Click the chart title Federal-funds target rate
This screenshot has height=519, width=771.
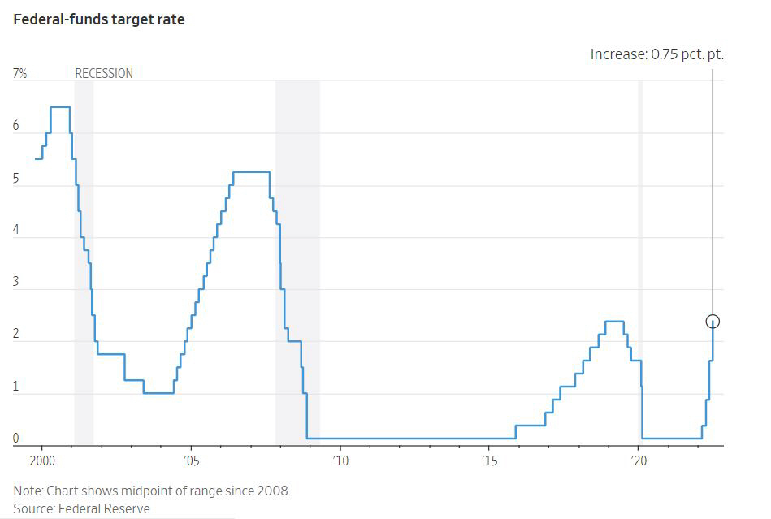point(98,19)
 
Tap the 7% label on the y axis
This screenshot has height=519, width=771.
point(20,74)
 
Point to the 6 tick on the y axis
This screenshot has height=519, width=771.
point(16,127)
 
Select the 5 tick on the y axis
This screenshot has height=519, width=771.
point(16,179)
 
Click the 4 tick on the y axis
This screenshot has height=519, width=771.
point(16,231)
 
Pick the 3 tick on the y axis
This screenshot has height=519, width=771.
point(16,283)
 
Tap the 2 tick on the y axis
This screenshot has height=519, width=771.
point(16,335)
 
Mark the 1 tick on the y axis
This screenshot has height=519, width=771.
point(16,387)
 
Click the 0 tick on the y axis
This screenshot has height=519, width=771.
point(16,439)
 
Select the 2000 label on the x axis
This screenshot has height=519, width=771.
point(41,461)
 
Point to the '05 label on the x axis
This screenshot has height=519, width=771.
point(190,461)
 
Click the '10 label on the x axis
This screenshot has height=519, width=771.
point(340,461)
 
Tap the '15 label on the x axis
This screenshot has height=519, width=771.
point(489,461)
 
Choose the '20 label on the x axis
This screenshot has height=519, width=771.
point(639,461)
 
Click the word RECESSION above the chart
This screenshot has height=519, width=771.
point(104,74)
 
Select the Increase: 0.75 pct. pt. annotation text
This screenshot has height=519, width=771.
point(656,55)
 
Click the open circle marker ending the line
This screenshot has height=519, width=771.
point(713,321)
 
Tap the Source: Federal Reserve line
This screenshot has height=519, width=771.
point(81,508)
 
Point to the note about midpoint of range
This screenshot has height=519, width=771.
point(151,491)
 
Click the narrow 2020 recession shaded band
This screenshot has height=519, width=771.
point(640,260)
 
